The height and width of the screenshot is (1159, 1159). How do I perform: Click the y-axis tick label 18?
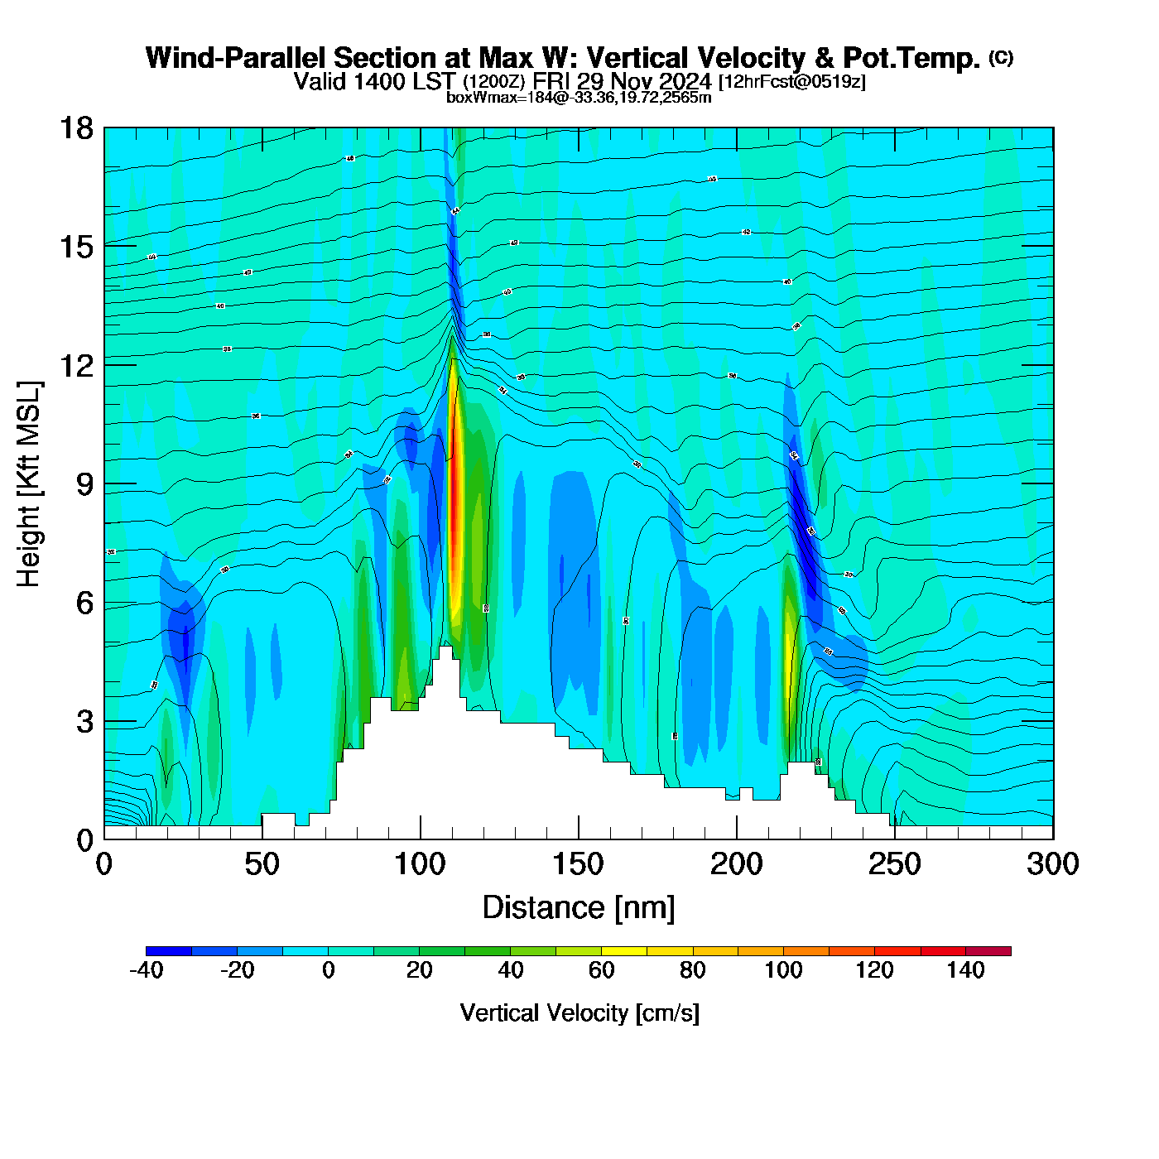click(x=75, y=128)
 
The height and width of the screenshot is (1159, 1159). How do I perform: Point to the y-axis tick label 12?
click(x=75, y=365)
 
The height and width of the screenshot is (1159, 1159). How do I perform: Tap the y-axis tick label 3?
click(x=84, y=721)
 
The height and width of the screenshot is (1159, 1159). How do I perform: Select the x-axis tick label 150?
click(x=578, y=864)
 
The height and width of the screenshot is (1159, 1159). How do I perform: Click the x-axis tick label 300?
click(x=1052, y=864)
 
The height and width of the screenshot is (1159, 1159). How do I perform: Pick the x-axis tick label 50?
click(x=262, y=864)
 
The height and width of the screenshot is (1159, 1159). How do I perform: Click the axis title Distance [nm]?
click(x=579, y=908)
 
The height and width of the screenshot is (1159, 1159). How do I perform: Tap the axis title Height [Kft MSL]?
click(x=29, y=484)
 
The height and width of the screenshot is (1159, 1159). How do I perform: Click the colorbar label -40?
click(x=147, y=970)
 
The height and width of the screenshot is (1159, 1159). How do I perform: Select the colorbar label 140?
click(x=965, y=970)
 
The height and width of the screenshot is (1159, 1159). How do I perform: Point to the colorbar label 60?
click(x=602, y=970)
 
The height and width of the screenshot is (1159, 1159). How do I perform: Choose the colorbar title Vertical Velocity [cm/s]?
click(x=579, y=1012)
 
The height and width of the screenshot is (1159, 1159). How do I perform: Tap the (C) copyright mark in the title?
click(x=1001, y=57)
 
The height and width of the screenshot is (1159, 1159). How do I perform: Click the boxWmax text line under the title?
click(x=579, y=98)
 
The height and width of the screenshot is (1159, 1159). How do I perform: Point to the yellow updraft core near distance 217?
click(x=789, y=654)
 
